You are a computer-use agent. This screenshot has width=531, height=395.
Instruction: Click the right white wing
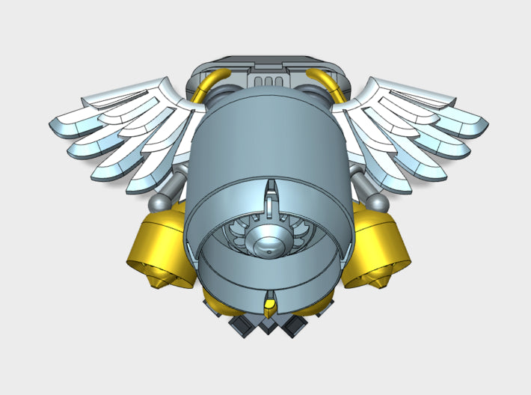pyautogui.click(x=408, y=127)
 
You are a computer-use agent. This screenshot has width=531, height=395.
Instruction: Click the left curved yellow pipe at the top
pyautogui.click(x=209, y=82)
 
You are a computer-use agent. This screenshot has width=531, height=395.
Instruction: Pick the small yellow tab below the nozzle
pyautogui.click(x=268, y=305)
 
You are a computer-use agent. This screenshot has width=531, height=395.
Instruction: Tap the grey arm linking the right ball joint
pyautogui.click(x=361, y=183)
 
